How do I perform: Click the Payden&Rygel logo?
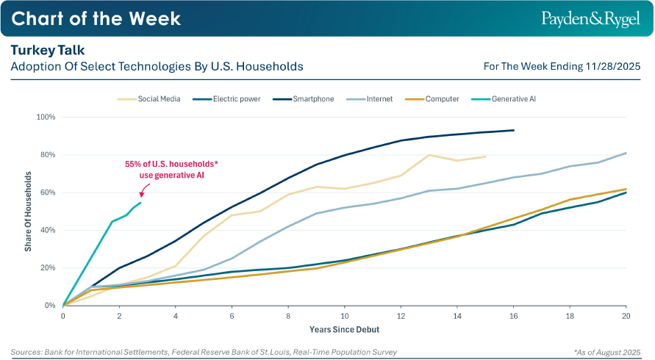coord(590,18)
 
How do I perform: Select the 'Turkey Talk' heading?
coord(48,50)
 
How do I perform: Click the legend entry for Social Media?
coord(150,98)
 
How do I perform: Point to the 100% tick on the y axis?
coord(46,117)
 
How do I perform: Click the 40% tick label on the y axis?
coord(48,230)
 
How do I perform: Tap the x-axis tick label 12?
coord(401,315)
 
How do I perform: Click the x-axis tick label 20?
coord(626,315)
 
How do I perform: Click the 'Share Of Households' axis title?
coord(28,211)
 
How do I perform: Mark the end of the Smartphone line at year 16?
coord(513,130)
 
